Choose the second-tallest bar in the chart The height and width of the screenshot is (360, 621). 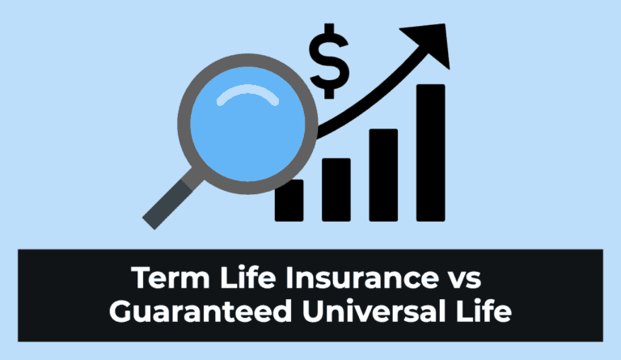coord(383,174)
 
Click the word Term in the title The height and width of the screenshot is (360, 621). coord(170,279)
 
